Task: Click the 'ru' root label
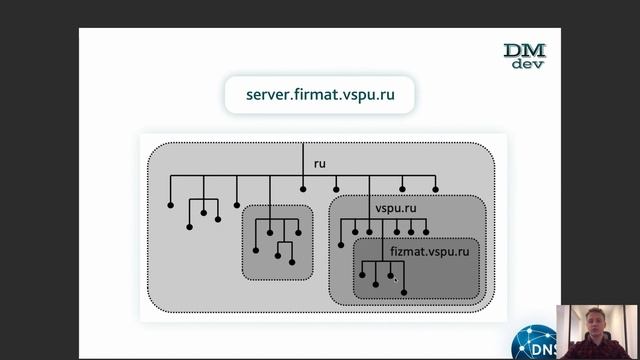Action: (x=319, y=163)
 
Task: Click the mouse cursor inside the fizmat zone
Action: (x=393, y=279)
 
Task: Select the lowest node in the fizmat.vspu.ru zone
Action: (x=403, y=292)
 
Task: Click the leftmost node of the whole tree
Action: (x=170, y=204)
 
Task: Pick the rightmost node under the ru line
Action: (x=436, y=188)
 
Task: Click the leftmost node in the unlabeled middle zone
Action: (x=256, y=249)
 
